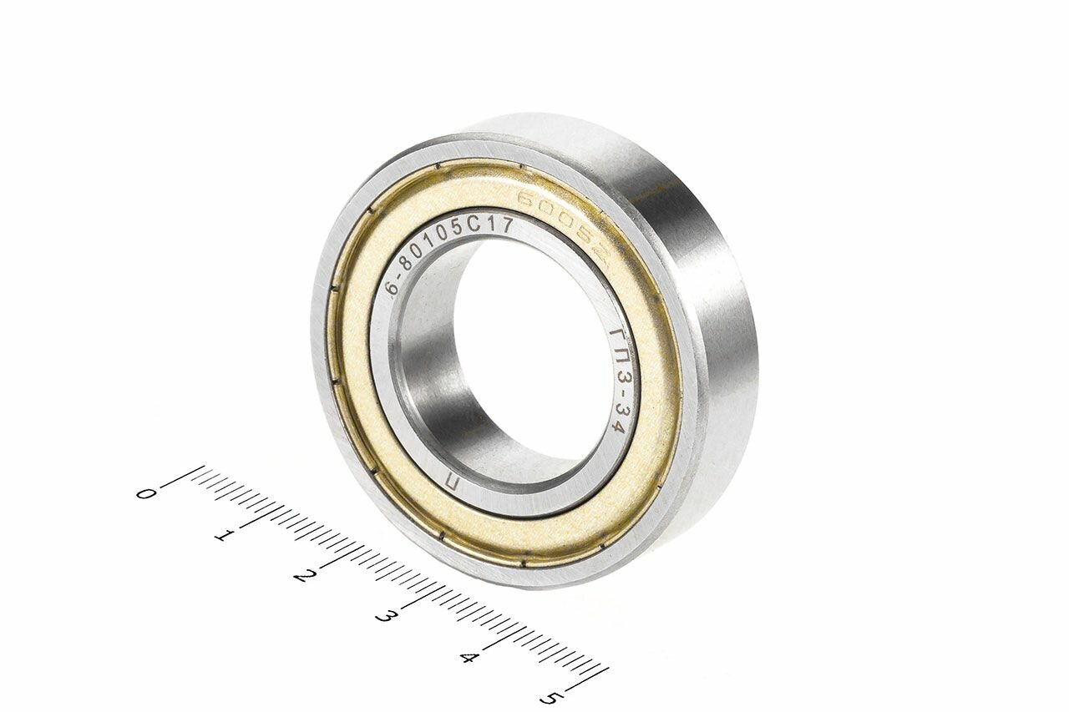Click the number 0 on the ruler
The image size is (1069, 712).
(145, 493)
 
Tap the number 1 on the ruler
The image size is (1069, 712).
(222, 535)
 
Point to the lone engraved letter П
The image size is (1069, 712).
(452, 482)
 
